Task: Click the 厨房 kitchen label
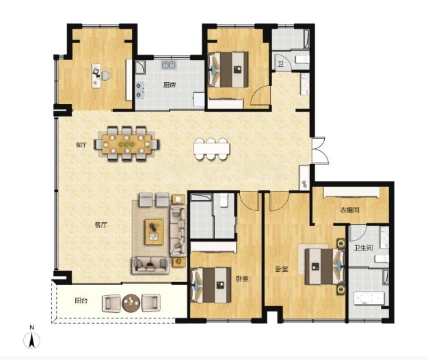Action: [x=170, y=85]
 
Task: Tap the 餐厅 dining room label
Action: [x=81, y=145]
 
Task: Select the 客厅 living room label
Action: [x=101, y=225]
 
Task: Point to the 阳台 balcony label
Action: [x=81, y=301]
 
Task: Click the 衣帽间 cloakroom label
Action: [x=349, y=210]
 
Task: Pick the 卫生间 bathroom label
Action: [x=363, y=248]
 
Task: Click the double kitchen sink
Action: [x=169, y=65]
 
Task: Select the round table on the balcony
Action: [x=131, y=303]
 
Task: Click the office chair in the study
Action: [x=106, y=76]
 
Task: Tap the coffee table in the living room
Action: [x=155, y=232]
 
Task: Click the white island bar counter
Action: [x=212, y=149]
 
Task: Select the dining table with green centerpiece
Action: [x=126, y=143]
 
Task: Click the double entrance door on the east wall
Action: [x=319, y=150]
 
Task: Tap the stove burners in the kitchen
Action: [x=139, y=90]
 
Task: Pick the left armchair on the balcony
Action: [x=111, y=303]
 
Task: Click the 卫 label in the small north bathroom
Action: [x=280, y=65]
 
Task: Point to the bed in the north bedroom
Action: [x=228, y=70]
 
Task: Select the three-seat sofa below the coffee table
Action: [x=150, y=265]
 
